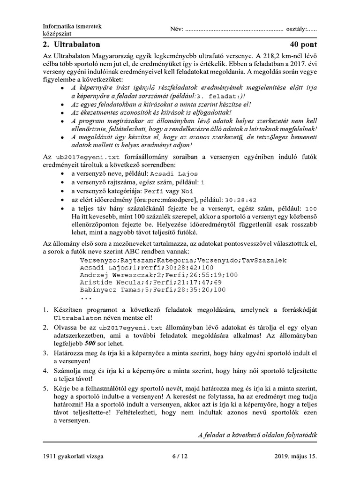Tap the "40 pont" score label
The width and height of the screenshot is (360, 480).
(x=303, y=45)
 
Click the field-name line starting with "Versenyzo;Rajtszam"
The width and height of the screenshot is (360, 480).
(x=183, y=260)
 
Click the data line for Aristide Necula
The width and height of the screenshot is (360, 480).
(x=150, y=282)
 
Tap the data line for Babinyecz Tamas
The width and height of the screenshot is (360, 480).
(x=153, y=290)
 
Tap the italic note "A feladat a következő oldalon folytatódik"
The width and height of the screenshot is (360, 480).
(x=257, y=435)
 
